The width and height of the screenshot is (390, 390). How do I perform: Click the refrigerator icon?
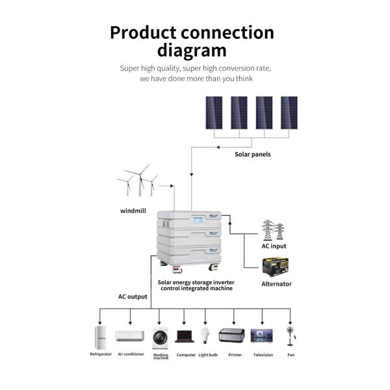(x=100, y=337)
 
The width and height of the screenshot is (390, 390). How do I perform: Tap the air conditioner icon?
(x=129, y=336)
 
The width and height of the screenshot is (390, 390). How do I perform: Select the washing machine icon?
(x=159, y=337)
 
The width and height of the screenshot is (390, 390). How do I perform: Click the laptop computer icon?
(x=185, y=337)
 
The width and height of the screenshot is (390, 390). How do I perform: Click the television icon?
(x=262, y=336)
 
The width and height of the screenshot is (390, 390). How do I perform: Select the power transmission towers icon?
(x=273, y=230)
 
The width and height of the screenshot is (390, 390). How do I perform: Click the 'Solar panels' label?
(x=253, y=154)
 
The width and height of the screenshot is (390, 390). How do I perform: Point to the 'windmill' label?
(x=134, y=211)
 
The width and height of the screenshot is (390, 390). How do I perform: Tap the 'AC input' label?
(x=274, y=246)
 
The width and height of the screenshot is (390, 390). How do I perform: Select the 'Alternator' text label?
(x=276, y=284)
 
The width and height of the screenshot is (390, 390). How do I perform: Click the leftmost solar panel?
(x=214, y=112)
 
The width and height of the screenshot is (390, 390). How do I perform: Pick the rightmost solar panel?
(x=289, y=112)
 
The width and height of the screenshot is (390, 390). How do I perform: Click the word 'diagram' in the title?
(x=192, y=51)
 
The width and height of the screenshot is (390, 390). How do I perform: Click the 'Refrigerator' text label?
(x=101, y=355)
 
